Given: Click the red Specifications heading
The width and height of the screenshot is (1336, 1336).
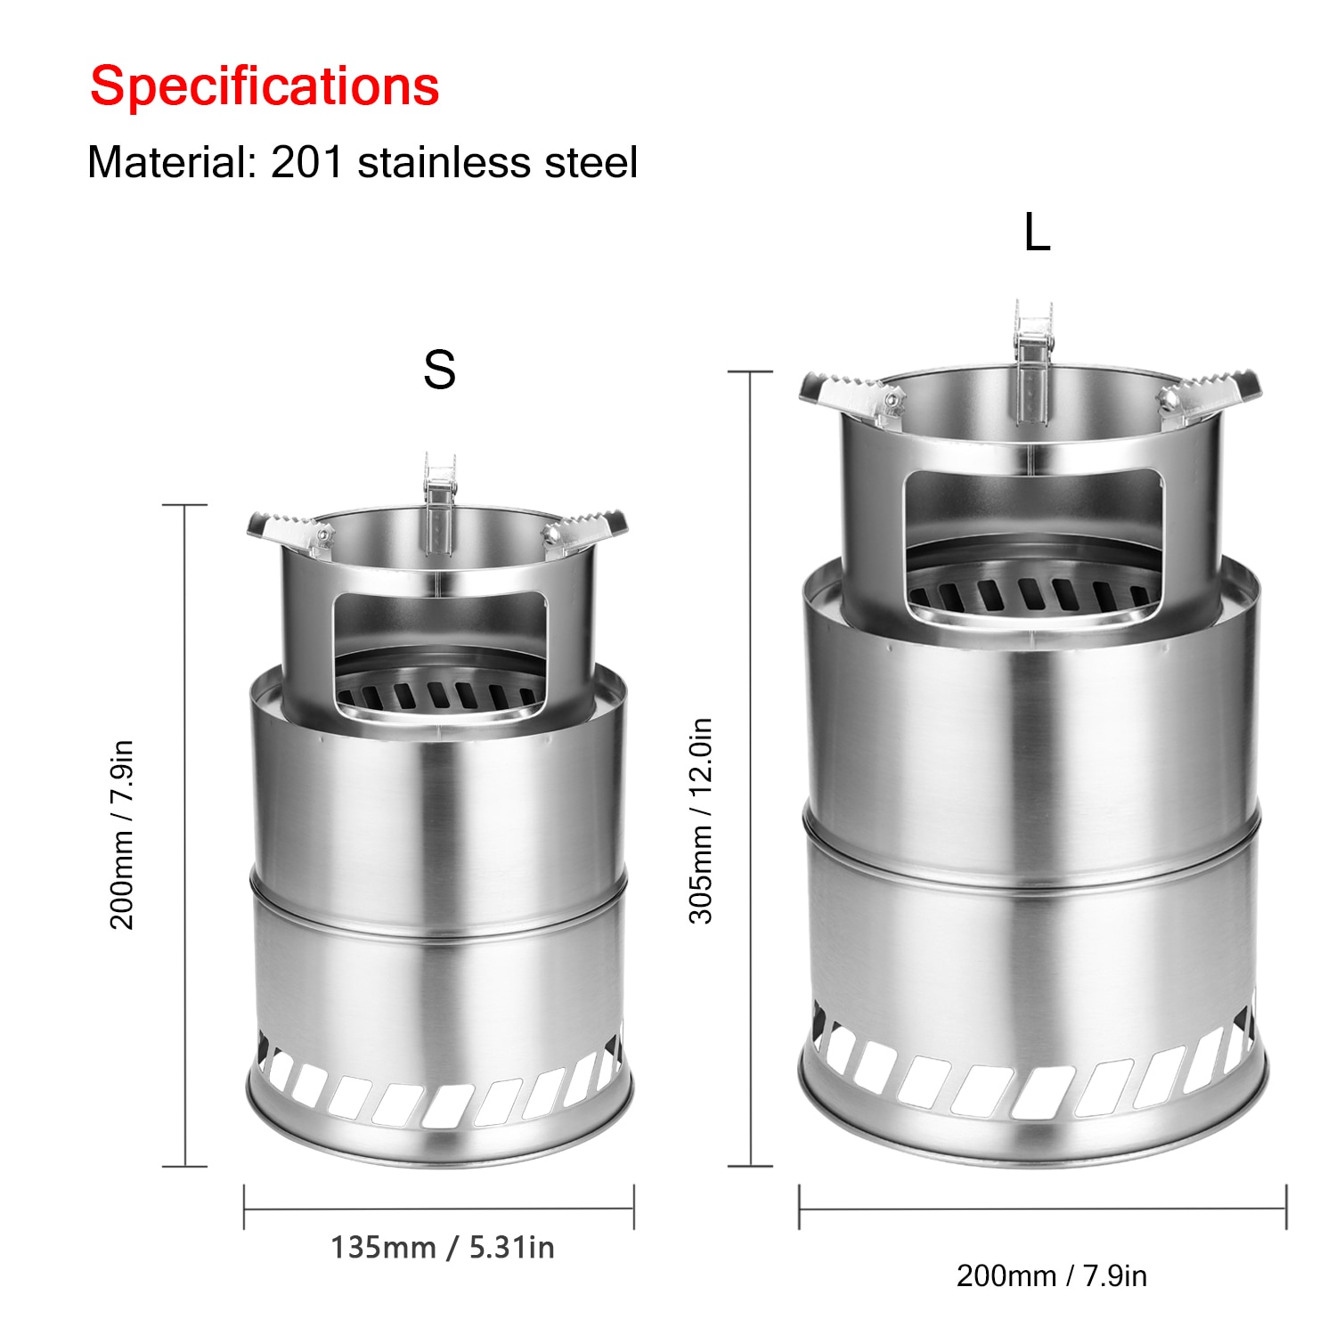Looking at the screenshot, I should pyautogui.click(x=265, y=86).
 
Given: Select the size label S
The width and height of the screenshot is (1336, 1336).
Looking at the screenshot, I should pyautogui.click(x=439, y=370).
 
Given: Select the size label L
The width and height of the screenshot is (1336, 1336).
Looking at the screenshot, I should pyautogui.click(x=1037, y=233).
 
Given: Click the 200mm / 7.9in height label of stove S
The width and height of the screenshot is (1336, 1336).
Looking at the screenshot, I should pyautogui.click(x=122, y=835).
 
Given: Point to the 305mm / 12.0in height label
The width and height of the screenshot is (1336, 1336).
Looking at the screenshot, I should pyautogui.click(x=701, y=820).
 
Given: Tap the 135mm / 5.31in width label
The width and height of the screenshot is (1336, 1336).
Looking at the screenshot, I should pyautogui.click(x=443, y=1248).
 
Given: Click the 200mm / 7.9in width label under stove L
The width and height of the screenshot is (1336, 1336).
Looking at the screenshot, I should pyautogui.click(x=1051, y=1275).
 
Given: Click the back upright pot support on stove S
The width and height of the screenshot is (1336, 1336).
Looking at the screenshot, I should pyautogui.click(x=440, y=499).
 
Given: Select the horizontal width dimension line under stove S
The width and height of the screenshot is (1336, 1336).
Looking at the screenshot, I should pyautogui.click(x=439, y=1209).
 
